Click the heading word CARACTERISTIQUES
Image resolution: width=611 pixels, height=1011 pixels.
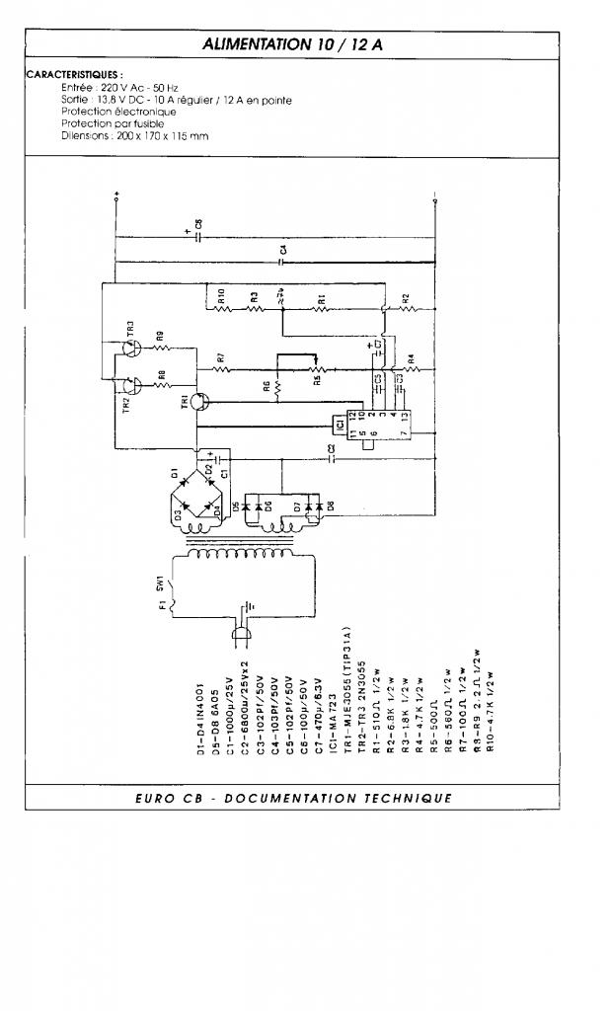click(75, 74)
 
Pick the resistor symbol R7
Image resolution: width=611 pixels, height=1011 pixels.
click(222, 369)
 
